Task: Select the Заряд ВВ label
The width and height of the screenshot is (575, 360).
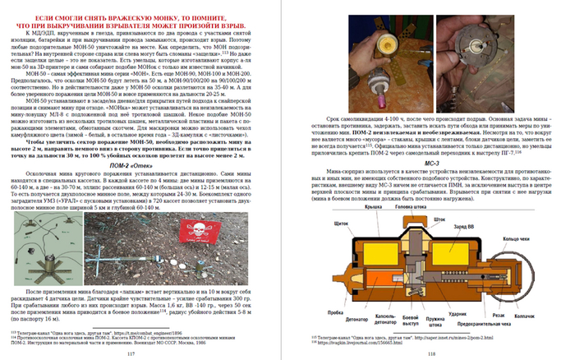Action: (475, 227)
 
